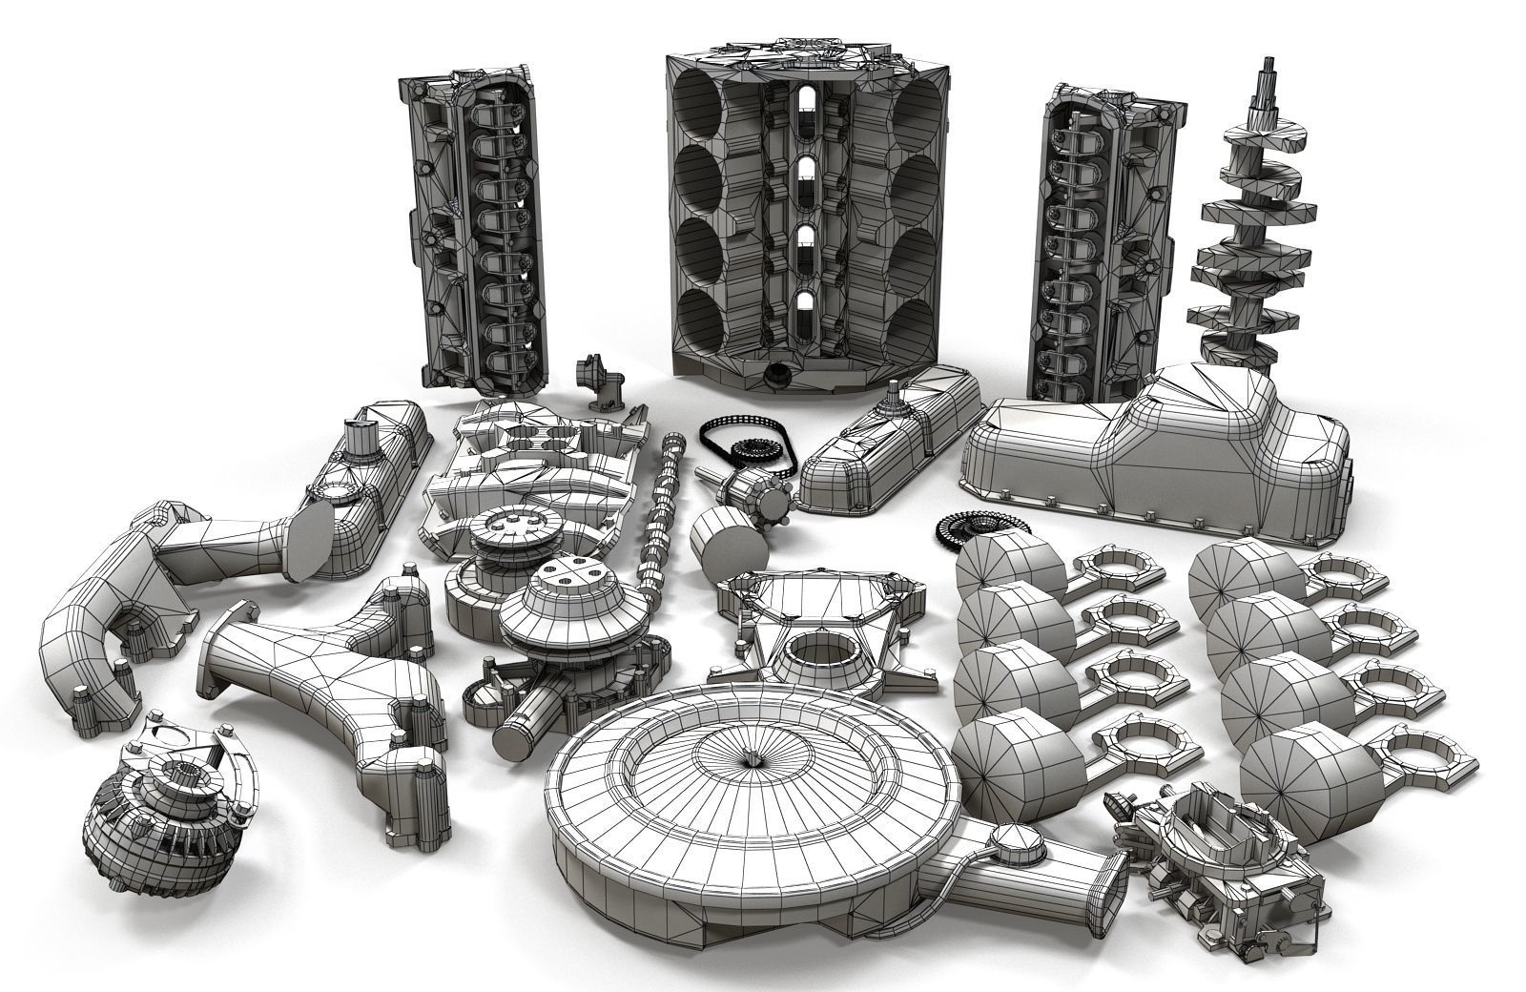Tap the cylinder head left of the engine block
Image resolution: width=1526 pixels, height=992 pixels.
472,229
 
